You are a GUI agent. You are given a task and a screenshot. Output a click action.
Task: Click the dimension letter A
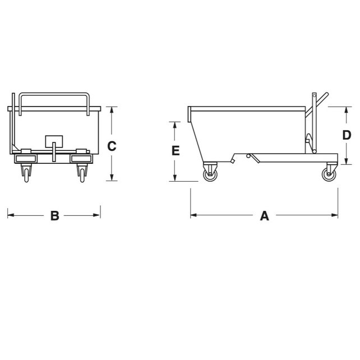264,215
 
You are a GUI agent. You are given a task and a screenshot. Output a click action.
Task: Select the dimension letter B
54,215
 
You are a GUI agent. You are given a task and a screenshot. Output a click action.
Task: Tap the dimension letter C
112,146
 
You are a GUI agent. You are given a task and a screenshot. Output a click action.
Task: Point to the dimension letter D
347,135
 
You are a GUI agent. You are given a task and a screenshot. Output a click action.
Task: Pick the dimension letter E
175,151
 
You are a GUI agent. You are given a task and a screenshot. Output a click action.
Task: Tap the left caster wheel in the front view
26,173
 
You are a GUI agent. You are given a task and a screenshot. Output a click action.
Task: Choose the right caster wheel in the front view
82,173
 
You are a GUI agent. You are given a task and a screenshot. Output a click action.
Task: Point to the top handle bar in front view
54,94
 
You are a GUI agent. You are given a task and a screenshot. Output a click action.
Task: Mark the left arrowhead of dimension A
193,214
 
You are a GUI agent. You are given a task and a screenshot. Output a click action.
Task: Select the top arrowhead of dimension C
112,109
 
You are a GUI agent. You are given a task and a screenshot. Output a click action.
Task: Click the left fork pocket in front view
25,159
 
